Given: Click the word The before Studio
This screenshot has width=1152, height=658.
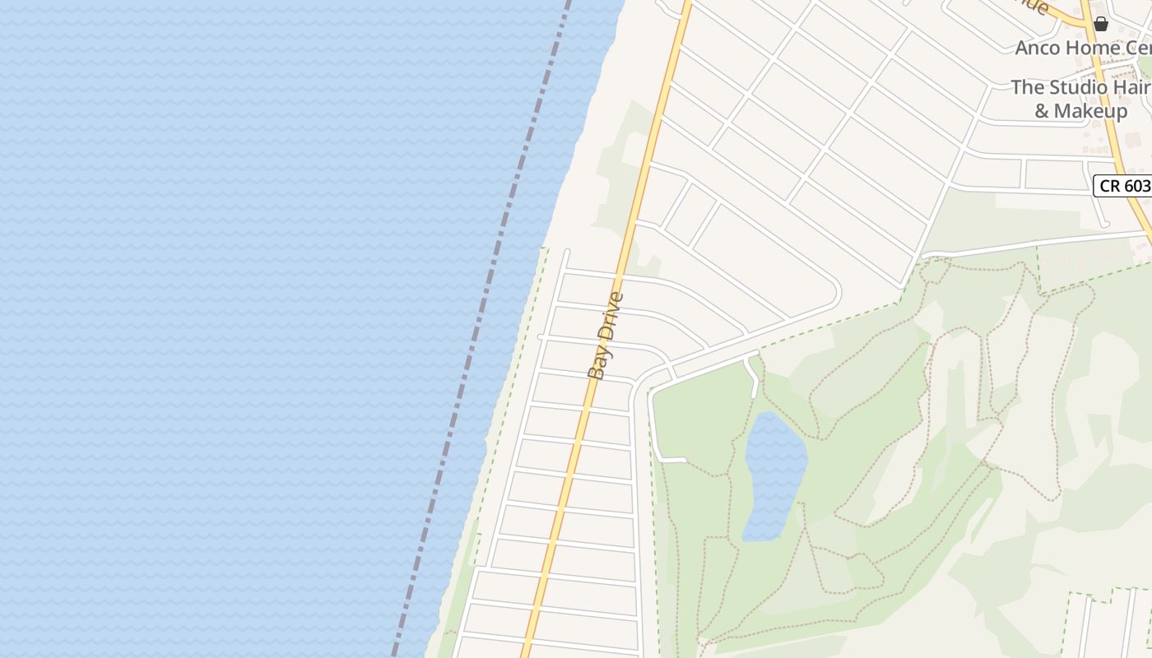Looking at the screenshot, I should coord(1026,87).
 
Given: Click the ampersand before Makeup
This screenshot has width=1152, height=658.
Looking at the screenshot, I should coord(1042,110).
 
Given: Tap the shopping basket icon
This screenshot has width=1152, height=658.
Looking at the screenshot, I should coord(1100,24).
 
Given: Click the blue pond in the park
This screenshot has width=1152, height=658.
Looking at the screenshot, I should coord(773,477).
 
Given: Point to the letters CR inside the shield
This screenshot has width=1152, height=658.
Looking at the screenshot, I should coord(1110,186).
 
